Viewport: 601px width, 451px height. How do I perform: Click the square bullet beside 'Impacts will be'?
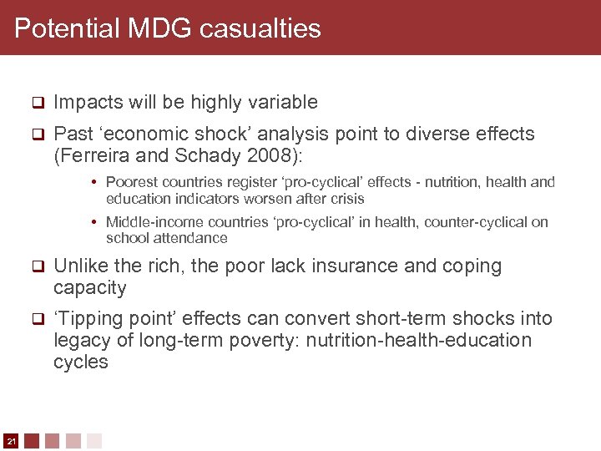click(x=37, y=103)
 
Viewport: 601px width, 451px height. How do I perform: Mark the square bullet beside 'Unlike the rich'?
click(x=37, y=267)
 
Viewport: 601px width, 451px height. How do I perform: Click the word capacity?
click(x=89, y=289)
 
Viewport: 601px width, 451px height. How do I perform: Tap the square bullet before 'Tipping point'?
click(x=37, y=319)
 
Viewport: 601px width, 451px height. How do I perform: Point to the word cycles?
click(x=81, y=362)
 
